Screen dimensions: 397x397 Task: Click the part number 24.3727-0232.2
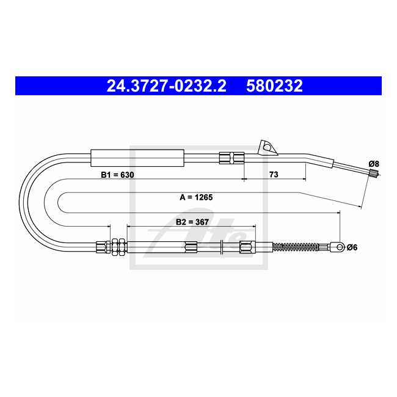pos(166,86)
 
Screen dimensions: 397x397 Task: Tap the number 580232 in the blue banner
pos(274,86)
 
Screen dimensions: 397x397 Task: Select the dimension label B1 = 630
pos(117,175)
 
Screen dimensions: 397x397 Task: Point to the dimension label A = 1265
pos(196,197)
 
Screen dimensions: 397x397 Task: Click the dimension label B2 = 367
pos(192,222)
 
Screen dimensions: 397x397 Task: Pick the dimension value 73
pos(274,175)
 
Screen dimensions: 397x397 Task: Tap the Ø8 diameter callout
pos(374,164)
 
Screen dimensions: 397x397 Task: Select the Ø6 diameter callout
pos(352,247)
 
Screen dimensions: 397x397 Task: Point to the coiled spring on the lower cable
pos(295,247)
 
